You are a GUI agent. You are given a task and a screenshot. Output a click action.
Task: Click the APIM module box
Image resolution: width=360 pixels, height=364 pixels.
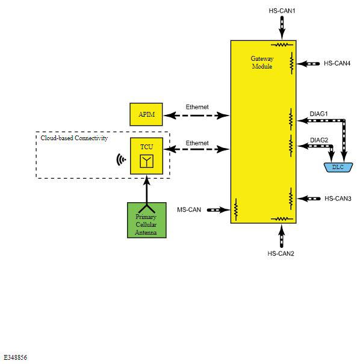(x=146, y=114)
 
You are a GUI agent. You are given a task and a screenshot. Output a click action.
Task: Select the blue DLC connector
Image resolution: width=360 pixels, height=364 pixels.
(x=338, y=167)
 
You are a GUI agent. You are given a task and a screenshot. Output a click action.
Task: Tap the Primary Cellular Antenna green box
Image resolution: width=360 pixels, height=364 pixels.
(x=147, y=220)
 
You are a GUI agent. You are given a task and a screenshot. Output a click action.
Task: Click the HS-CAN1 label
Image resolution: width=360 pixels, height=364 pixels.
(x=282, y=11)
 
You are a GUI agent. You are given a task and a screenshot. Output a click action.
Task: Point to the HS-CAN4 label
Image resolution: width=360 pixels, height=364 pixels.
(x=337, y=63)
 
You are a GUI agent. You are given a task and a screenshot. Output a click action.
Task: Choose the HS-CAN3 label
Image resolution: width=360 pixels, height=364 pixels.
(x=338, y=199)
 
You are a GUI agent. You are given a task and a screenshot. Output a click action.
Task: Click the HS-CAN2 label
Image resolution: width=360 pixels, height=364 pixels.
(x=281, y=253)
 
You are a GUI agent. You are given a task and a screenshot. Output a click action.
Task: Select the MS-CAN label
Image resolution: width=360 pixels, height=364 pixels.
(x=189, y=210)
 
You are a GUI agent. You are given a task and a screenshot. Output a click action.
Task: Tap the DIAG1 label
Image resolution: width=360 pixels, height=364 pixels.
(x=318, y=114)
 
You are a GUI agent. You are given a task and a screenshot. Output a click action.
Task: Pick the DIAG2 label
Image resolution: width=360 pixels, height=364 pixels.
(x=319, y=140)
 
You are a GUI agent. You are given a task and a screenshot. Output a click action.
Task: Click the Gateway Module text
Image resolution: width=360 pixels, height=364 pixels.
(x=262, y=63)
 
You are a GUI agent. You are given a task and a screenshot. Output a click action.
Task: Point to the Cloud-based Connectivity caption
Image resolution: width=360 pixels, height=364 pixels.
(x=74, y=138)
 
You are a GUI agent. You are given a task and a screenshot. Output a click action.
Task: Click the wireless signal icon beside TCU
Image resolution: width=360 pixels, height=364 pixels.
(x=121, y=159)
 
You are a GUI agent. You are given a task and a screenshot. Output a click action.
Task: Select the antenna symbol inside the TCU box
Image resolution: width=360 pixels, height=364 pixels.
(x=146, y=161)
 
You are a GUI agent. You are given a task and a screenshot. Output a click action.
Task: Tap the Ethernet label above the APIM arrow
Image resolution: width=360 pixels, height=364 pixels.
(x=197, y=107)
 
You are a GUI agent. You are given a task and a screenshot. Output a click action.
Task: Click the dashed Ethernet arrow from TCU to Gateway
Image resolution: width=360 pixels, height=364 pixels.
(x=196, y=149)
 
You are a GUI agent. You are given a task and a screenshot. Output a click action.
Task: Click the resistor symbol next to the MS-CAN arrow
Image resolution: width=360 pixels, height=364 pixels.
(x=236, y=209)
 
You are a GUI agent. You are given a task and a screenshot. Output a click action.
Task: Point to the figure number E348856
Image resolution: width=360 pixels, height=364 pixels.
(x=15, y=357)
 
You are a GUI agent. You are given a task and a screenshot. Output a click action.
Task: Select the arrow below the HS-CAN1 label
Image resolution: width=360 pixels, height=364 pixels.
(x=282, y=28)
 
